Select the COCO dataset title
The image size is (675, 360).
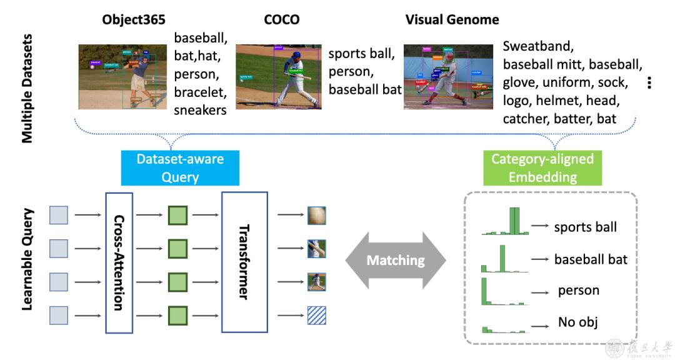[281, 19]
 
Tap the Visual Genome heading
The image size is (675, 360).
[452, 19]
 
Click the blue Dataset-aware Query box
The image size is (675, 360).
[180, 168]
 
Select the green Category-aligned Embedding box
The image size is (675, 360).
[542, 168]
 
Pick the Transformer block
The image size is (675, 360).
[244, 262]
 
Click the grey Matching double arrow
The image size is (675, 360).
[395, 260]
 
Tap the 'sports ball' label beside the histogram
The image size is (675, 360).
[585, 227]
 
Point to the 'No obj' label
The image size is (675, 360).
[577, 322]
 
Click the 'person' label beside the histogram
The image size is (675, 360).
[578, 291]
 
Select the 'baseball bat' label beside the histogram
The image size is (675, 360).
[591, 259]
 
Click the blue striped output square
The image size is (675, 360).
[316, 315]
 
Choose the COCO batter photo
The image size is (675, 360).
[278, 76]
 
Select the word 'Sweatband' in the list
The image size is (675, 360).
[537, 46]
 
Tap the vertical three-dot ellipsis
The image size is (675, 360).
[650, 82]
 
